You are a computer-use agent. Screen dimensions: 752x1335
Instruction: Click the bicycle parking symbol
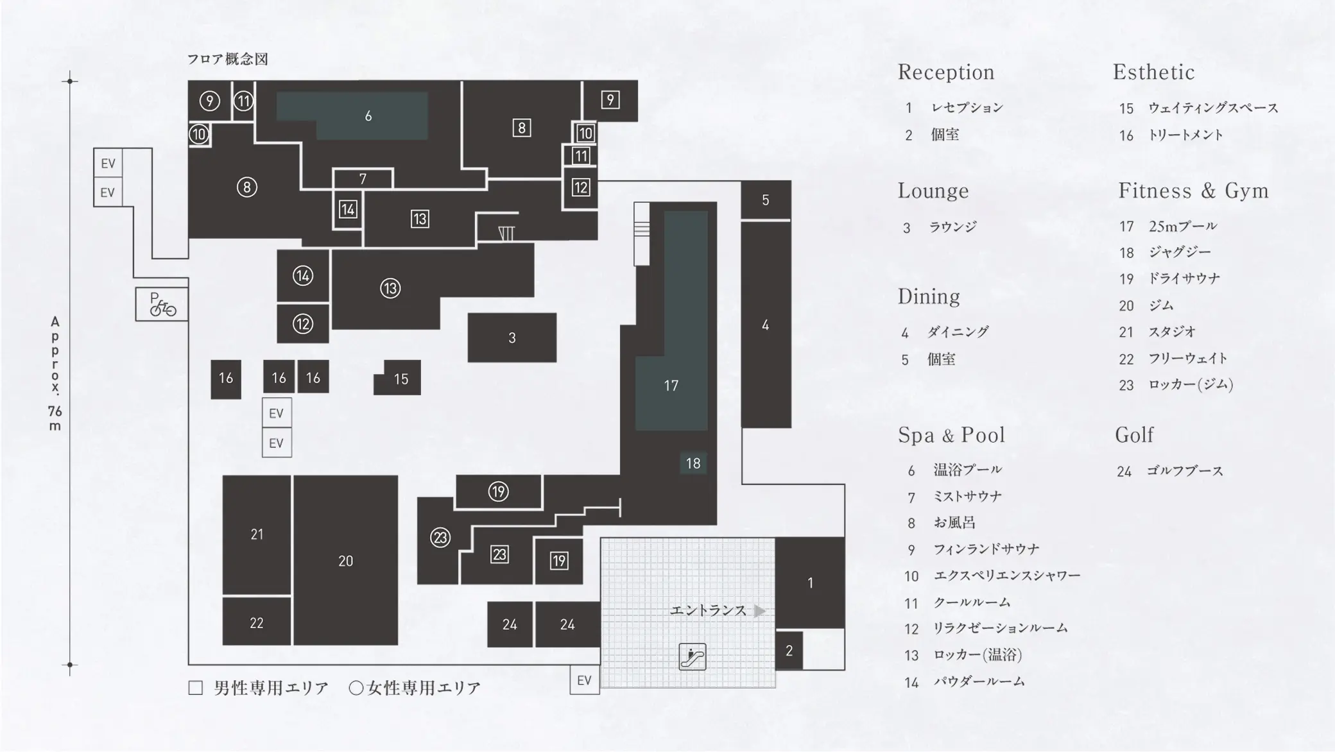pos(162,304)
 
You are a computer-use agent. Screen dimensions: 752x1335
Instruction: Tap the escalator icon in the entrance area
pos(693,656)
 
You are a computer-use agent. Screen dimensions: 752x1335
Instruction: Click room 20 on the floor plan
pos(345,561)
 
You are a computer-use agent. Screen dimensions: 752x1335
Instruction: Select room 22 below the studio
pos(256,622)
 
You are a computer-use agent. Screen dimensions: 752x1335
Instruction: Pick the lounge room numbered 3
pos(512,338)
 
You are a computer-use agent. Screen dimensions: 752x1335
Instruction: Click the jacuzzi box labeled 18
pos(693,463)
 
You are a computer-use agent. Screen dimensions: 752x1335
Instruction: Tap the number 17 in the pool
pos(671,386)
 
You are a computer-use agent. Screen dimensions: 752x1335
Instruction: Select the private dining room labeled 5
pos(765,200)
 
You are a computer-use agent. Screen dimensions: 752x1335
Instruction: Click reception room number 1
pos(810,583)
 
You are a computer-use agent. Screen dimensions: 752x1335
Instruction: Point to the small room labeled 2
pos(789,651)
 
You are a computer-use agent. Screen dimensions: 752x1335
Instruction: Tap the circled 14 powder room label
pos(302,276)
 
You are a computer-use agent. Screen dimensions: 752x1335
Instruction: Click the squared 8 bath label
pos(521,128)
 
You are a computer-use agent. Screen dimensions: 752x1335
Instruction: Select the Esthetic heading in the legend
pos(1153,72)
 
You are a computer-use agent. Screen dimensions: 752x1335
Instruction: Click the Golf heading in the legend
pos(1134,435)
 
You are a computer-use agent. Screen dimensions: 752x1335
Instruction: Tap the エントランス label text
pos(708,610)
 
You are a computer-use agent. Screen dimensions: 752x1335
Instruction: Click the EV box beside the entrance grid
pos(584,680)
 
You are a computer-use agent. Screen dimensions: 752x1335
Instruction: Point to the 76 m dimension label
pos(55,418)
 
